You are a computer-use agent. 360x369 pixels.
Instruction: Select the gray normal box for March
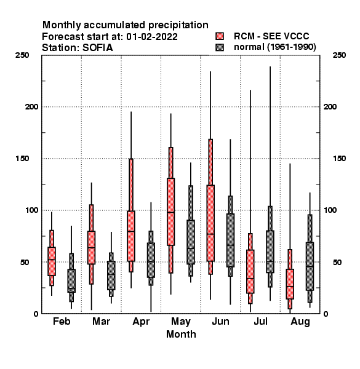[111, 276]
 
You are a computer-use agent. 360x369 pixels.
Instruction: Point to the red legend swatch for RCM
[220, 36]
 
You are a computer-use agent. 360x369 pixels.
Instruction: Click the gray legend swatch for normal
[220, 47]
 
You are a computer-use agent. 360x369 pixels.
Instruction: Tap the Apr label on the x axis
[141, 322]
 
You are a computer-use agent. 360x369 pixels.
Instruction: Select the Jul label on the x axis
[260, 321]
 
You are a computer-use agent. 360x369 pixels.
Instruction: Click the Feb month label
[62, 321]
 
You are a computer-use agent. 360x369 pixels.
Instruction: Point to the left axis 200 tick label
[31, 106]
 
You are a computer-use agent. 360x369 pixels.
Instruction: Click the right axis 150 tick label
[339, 159]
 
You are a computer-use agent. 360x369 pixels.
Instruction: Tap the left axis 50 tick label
[25, 262]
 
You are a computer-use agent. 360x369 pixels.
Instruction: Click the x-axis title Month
[181, 334]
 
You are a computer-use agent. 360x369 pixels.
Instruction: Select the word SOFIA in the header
[98, 48]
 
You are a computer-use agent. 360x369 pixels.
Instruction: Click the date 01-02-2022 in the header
[152, 37]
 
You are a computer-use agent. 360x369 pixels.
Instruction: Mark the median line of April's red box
[131, 231]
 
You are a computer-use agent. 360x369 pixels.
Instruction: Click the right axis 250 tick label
[339, 55]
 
